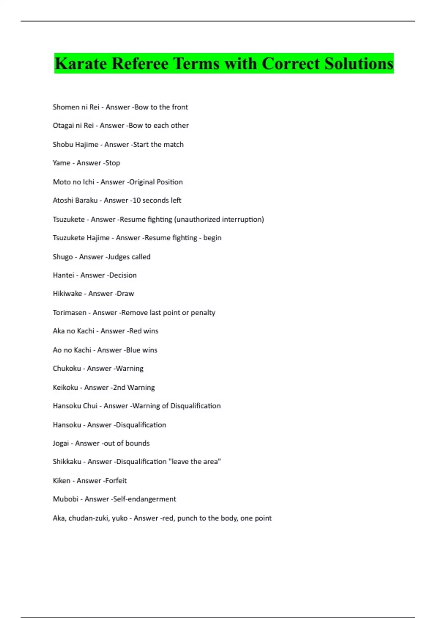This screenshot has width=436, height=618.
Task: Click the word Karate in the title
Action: click(x=80, y=64)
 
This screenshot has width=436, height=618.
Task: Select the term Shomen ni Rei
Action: click(x=76, y=107)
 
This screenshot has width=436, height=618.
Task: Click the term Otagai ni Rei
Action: click(x=73, y=125)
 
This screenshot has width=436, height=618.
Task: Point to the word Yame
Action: click(x=61, y=163)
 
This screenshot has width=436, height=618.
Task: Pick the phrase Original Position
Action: click(x=156, y=182)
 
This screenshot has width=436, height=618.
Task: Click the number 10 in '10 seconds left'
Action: click(x=136, y=200)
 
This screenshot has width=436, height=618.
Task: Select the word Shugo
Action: click(x=62, y=257)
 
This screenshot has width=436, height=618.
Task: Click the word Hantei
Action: click(x=64, y=275)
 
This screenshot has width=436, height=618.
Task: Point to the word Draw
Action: click(x=125, y=294)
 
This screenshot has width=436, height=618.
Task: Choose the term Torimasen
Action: click(x=69, y=313)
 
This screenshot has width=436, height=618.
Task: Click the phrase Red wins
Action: click(x=144, y=331)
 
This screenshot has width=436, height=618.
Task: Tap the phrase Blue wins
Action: click(x=141, y=350)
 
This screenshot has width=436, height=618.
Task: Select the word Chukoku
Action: click(x=67, y=369)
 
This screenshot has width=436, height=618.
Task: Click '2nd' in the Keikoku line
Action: click(x=119, y=388)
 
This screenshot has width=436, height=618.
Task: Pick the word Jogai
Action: click(x=61, y=443)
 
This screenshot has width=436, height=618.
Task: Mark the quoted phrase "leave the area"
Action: click(x=194, y=462)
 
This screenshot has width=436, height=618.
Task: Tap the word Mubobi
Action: click(x=65, y=499)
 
